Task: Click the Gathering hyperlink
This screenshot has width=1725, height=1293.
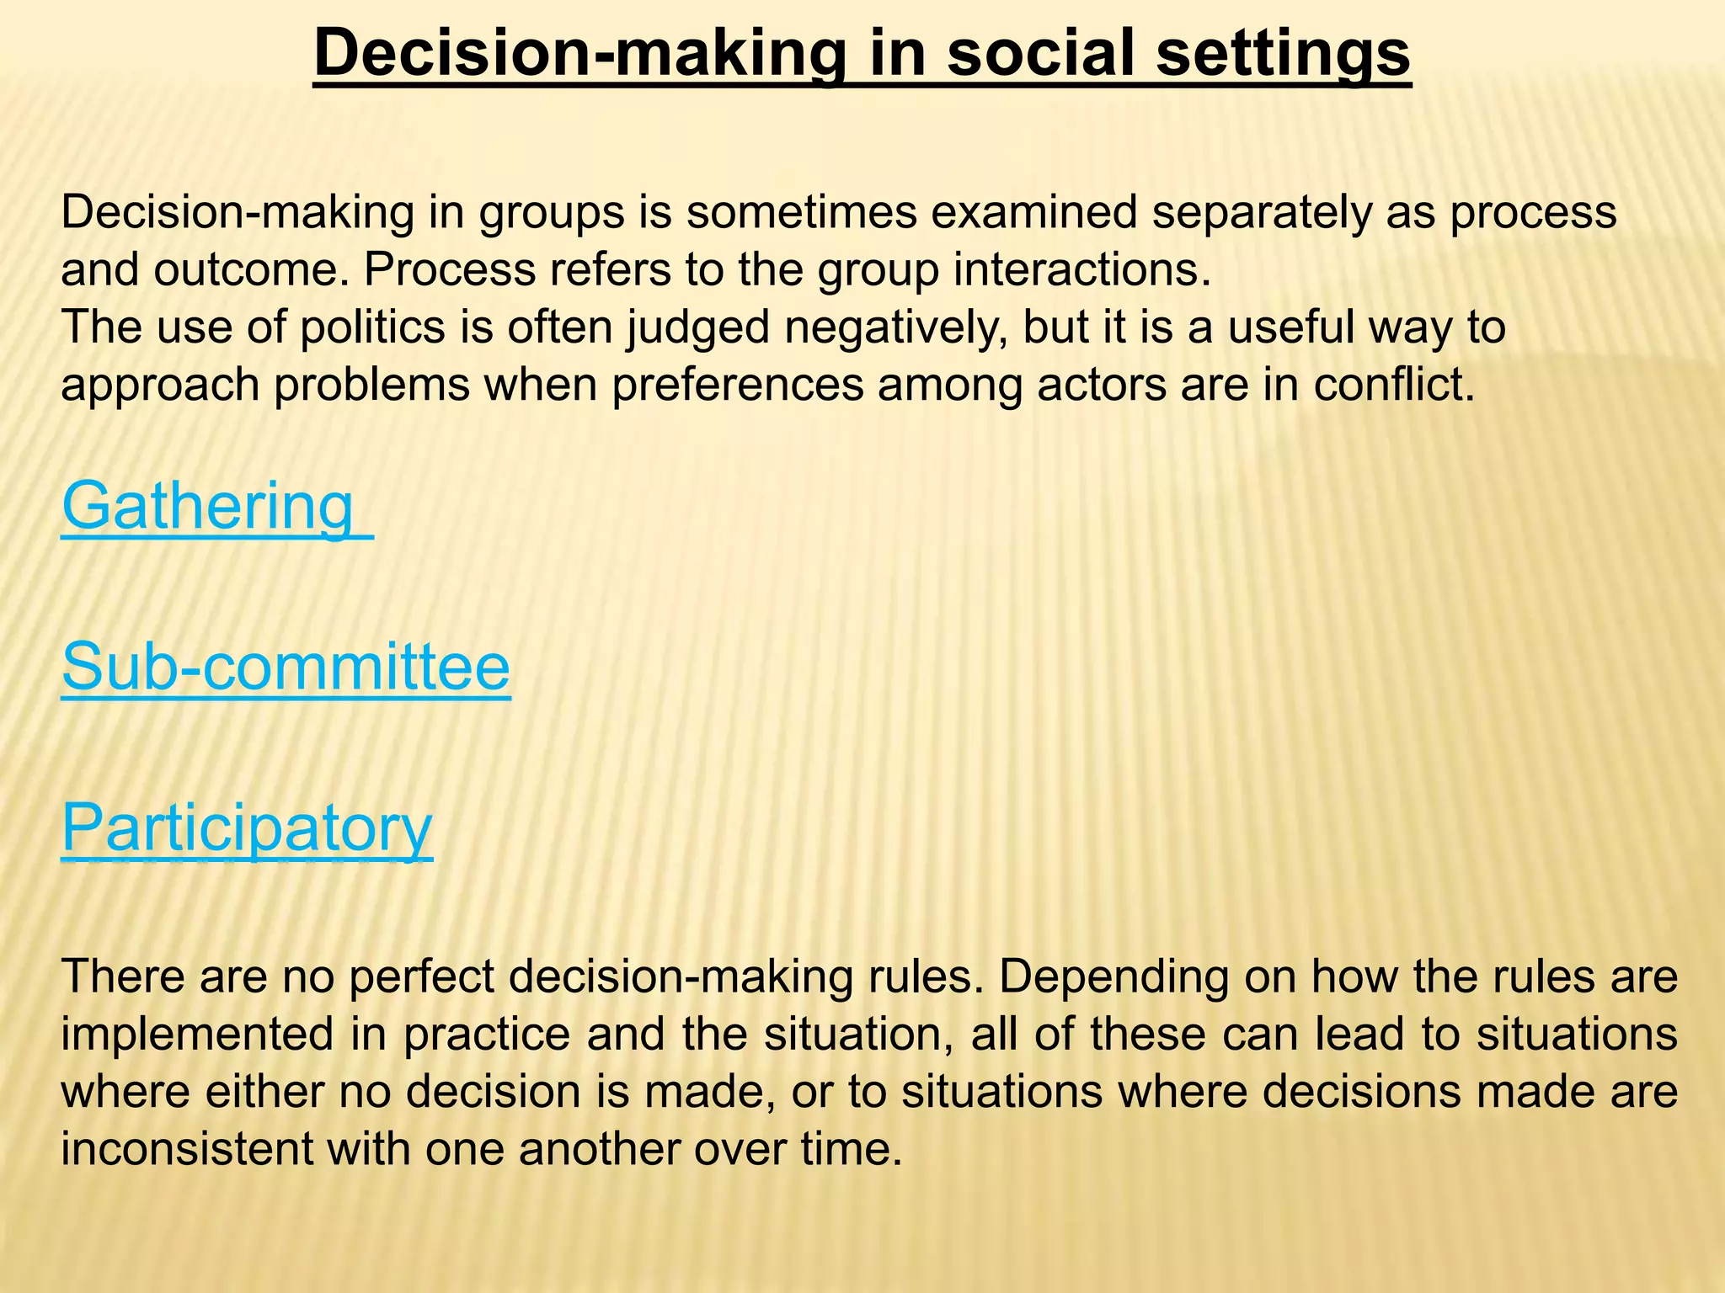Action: tap(207, 507)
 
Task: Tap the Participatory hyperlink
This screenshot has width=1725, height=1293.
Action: tap(247, 828)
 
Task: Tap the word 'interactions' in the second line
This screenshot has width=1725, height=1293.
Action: tap(1078, 270)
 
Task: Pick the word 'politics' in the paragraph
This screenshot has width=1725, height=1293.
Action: tap(373, 327)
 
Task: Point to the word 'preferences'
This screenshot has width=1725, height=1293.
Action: tap(738, 386)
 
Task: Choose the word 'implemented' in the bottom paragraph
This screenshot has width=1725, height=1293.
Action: tap(198, 1035)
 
